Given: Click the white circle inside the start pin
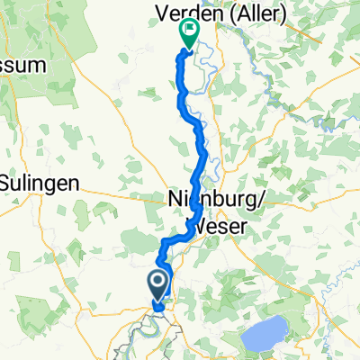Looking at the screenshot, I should click(x=157, y=283).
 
